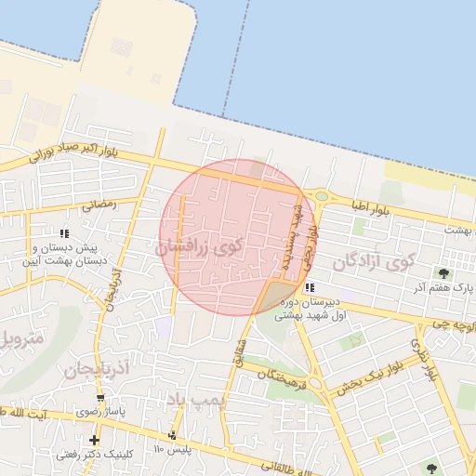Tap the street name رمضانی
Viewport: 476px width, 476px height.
pos(99,205)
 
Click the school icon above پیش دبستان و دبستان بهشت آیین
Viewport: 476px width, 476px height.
pos(64,233)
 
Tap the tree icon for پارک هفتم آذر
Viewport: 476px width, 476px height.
pos(444,273)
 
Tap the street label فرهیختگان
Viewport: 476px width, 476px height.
pos(279,376)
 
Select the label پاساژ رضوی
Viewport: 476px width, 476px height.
pos(100,412)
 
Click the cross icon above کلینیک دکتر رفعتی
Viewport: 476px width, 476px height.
pos(94,440)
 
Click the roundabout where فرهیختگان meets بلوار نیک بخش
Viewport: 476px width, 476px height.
pos(315,382)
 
